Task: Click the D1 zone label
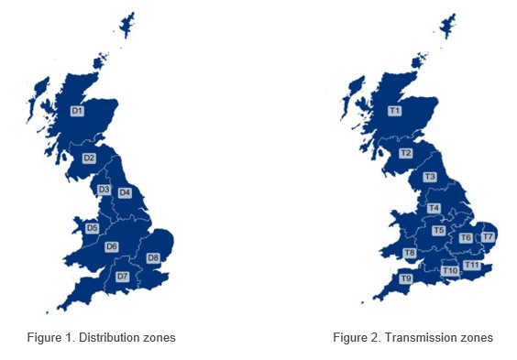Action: tap(77, 111)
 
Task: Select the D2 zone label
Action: tap(89, 158)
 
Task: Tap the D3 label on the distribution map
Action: tap(104, 190)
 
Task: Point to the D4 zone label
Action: tap(125, 192)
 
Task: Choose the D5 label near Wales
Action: tap(92, 228)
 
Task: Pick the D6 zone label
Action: tap(112, 246)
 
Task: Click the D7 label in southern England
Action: tap(122, 276)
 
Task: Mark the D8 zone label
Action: tap(153, 257)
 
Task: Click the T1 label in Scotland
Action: tap(395, 111)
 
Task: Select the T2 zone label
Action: tap(405, 153)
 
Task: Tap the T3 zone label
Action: tap(429, 176)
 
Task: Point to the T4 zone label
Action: tap(434, 208)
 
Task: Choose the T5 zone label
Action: tap(438, 231)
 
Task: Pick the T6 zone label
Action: tap(466, 238)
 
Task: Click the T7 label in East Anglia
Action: tap(489, 237)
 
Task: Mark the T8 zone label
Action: tap(410, 253)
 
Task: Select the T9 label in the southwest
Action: tap(405, 278)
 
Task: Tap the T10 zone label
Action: tap(449, 270)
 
